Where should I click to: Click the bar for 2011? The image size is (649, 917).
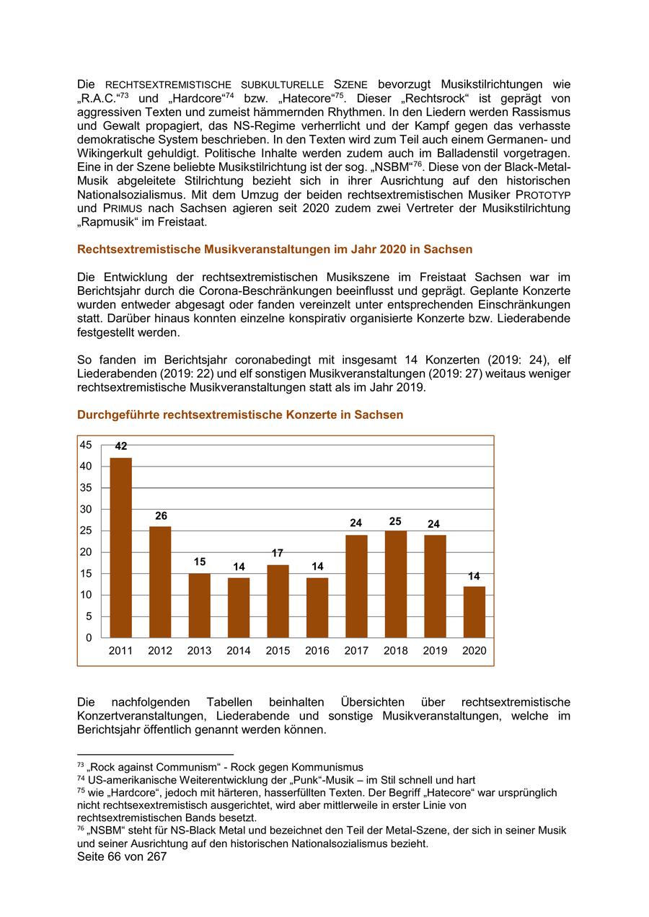120,547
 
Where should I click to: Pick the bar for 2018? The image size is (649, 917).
395,584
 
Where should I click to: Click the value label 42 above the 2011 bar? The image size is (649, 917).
120,447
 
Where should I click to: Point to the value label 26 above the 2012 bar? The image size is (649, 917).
160,516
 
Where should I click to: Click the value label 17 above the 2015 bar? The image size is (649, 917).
278,554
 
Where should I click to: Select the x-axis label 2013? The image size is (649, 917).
199,651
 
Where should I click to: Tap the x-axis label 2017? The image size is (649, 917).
356,651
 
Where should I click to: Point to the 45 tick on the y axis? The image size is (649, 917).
86,445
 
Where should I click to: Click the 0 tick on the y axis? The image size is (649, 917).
89,638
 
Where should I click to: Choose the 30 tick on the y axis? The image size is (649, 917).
86,509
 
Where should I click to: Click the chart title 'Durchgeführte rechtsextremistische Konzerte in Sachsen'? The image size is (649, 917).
240,415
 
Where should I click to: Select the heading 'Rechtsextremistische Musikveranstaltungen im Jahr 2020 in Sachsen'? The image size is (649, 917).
275,249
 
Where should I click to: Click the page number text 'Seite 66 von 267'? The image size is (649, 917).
122,857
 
